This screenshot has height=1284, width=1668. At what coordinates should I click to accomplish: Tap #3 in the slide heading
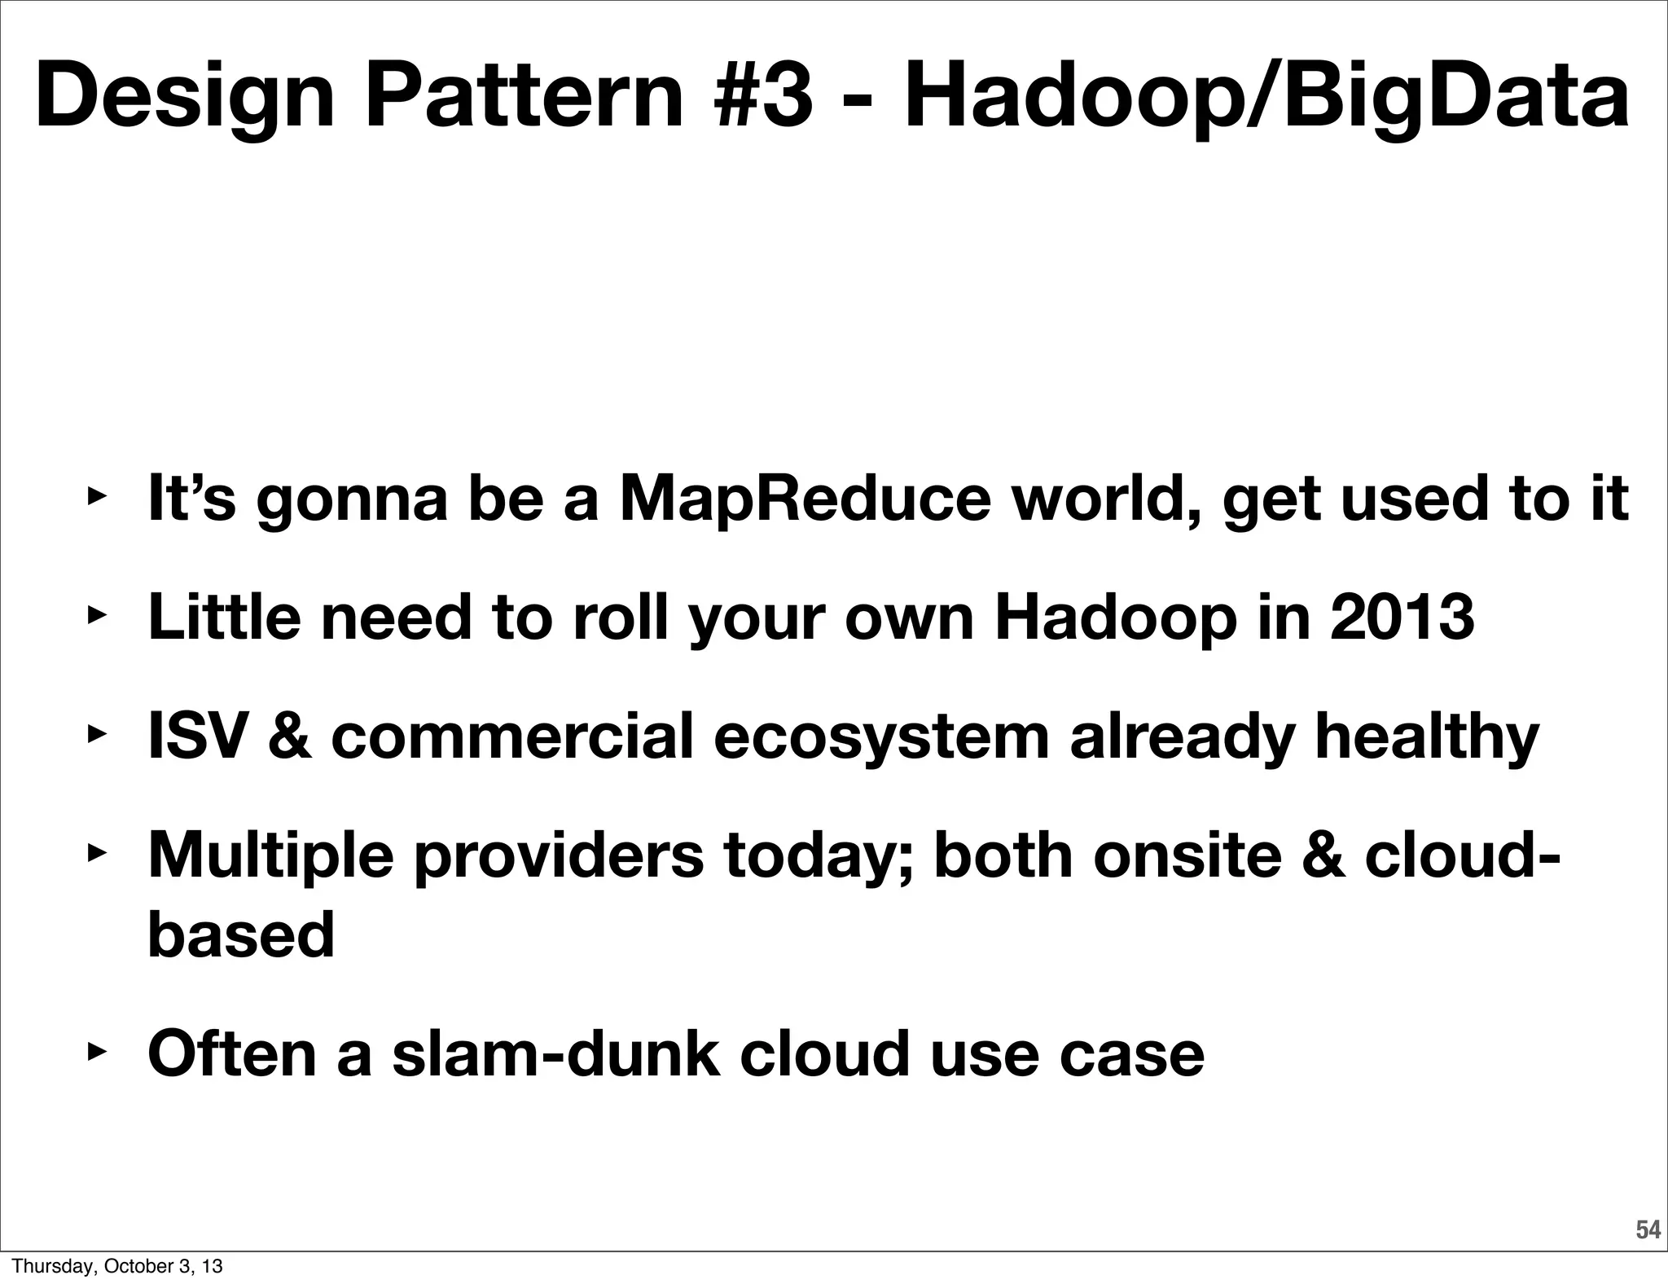coord(766,96)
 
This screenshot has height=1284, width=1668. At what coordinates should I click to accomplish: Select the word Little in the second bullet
coord(225,617)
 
